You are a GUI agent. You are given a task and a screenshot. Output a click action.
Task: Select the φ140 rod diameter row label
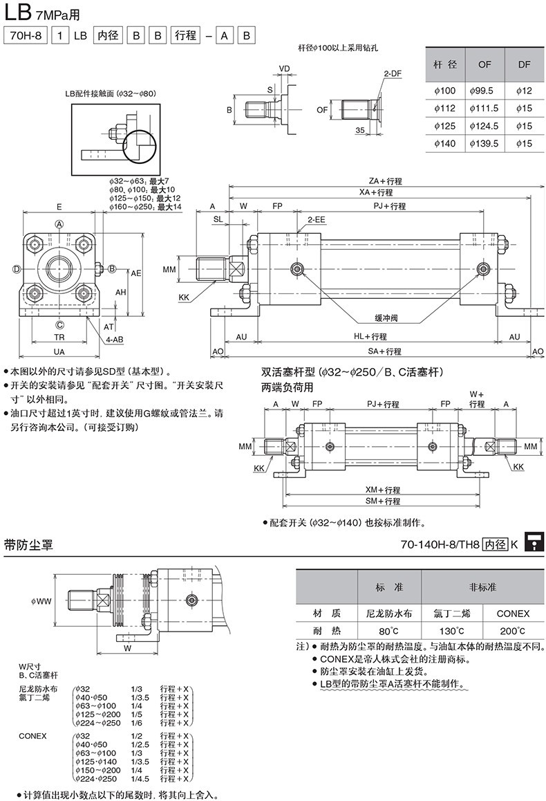[444, 143]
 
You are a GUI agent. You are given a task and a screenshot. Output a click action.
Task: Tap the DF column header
[524, 64]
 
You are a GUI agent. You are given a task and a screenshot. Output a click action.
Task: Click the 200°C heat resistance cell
[513, 631]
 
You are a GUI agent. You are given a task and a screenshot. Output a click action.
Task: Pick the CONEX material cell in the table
[513, 613]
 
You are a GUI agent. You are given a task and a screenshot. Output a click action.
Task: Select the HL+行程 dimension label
[370, 336]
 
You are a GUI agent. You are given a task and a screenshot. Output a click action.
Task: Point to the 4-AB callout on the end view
[115, 340]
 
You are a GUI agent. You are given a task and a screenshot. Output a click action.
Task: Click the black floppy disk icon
[533, 543]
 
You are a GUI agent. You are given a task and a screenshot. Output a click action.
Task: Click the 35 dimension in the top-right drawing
[360, 130]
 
